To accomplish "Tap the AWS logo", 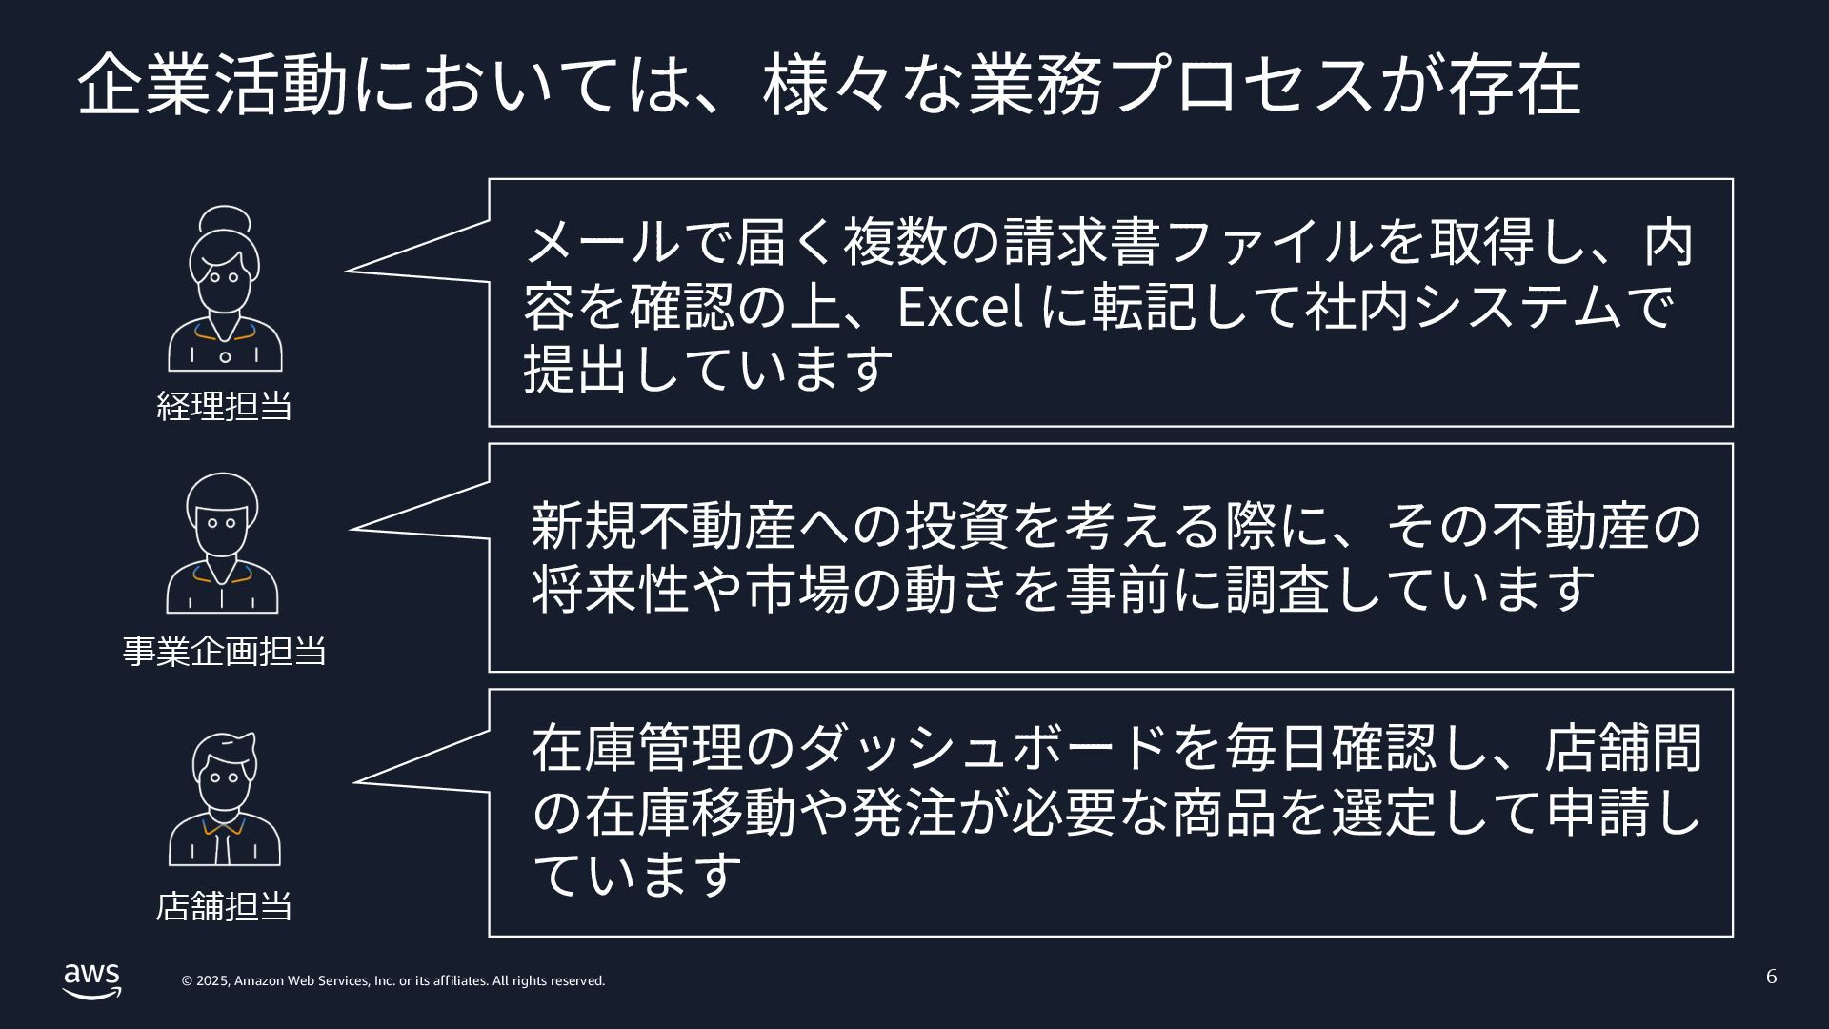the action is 92,980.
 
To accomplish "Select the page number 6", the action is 1771,977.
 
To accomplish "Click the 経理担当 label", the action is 224,407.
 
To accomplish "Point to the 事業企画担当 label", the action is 224,652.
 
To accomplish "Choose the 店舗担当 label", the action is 224,906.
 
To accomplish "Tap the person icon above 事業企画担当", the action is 223,543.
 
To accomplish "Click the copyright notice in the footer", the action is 393,981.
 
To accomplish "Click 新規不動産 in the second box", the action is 663,525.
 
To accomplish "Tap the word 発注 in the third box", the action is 904,812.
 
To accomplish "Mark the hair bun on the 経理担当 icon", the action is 225,219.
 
